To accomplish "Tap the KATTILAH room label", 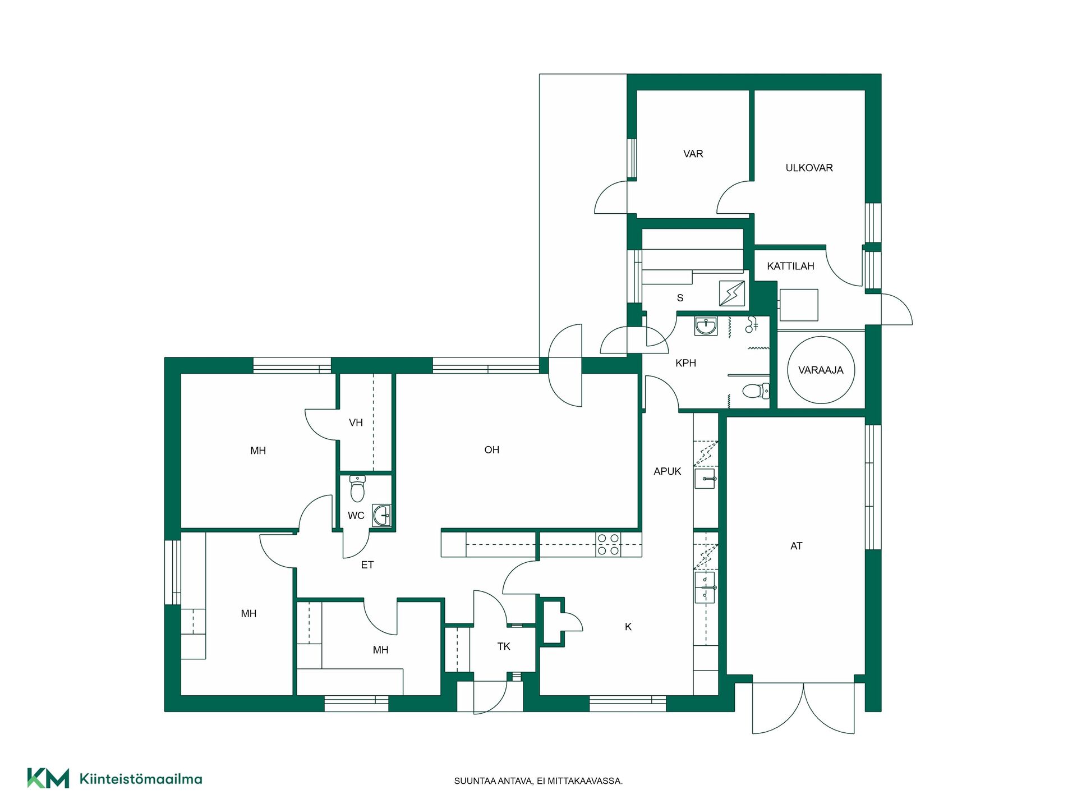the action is click(x=790, y=266).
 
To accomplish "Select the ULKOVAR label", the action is click(x=809, y=168).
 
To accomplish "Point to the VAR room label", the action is click(x=693, y=154).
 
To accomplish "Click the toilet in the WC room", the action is click(x=357, y=489).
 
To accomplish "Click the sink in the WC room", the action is click(x=382, y=515).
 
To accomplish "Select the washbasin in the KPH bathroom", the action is click(x=706, y=326).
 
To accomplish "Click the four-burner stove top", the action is click(x=608, y=544).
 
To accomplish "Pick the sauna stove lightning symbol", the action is click(x=732, y=293).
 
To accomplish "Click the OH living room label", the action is click(x=491, y=450).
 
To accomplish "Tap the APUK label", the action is click(x=667, y=471).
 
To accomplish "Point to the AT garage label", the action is click(x=796, y=546).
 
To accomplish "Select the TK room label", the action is click(x=504, y=646).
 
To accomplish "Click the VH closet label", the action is click(x=356, y=423).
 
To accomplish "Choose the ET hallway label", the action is click(x=367, y=565).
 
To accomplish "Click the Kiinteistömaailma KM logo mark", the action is click(x=48, y=778).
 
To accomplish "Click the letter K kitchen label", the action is click(x=628, y=627).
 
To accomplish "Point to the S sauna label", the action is click(x=680, y=298).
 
